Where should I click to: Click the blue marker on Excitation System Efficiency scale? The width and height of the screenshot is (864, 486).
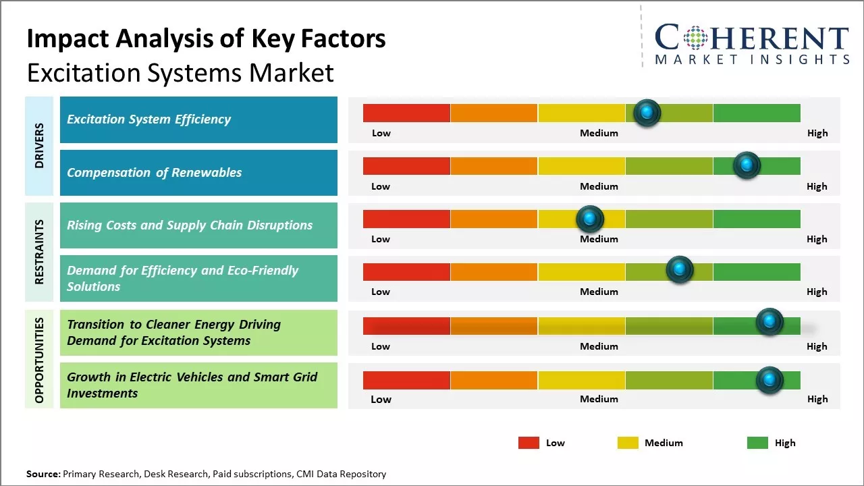pyautogui.click(x=647, y=113)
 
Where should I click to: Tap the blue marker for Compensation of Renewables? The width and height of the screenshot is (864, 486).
pyautogui.click(x=747, y=165)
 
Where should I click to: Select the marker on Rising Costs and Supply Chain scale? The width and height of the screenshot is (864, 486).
pyautogui.click(x=590, y=219)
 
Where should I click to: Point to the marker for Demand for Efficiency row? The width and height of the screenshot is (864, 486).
pyautogui.click(x=680, y=270)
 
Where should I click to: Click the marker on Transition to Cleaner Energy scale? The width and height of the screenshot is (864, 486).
pyautogui.click(x=769, y=322)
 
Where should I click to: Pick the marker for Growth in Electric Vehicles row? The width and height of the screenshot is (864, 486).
pyautogui.click(x=769, y=380)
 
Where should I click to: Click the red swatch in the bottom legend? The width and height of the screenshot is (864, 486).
pyautogui.click(x=529, y=443)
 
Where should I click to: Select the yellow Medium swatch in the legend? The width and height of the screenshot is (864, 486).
pyautogui.click(x=628, y=443)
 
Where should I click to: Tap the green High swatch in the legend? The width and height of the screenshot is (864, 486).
pyautogui.click(x=757, y=443)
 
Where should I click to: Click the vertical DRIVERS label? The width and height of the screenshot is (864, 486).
pyautogui.click(x=39, y=146)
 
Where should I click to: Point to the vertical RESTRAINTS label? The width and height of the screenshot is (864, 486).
pyautogui.click(x=39, y=252)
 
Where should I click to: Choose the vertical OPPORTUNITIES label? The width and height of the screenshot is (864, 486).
pyautogui.click(x=39, y=360)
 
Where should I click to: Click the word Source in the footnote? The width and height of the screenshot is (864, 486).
pyautogui.click(x=43, y=474)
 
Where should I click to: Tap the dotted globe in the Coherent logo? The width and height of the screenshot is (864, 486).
pyautogui.click(x=696, y=38)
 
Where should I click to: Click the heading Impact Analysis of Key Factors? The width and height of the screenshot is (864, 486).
pyautogui.click(x=206, y=39)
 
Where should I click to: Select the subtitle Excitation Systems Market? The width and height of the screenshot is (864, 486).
pyautogui.click(x=180, y=72)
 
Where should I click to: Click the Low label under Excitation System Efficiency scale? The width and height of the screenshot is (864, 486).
pyautogui.click(x=381, y=133)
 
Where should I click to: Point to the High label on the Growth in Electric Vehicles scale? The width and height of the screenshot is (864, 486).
pyautogui.click(x=817, y=399)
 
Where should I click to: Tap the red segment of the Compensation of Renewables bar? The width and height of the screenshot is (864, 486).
pyautogui.click(x=406, y=166)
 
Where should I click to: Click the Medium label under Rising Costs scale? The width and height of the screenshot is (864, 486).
pyautogui.click(x=599, y=239)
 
